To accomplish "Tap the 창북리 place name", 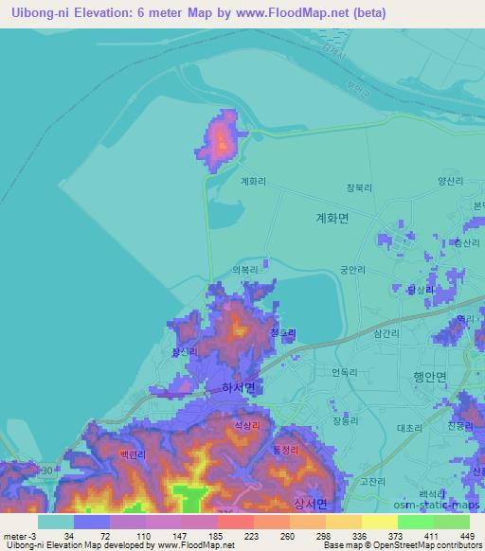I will (357, 187).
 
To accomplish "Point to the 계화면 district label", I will (332, 218).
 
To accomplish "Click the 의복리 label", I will (244, 269).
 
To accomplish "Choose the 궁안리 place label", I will (353, 270).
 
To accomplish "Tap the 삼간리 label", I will (386, 334).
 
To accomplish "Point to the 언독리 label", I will (344, 372).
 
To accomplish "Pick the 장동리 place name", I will (345, 420).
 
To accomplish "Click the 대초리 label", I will (409, 428).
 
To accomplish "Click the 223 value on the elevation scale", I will (249, 535).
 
